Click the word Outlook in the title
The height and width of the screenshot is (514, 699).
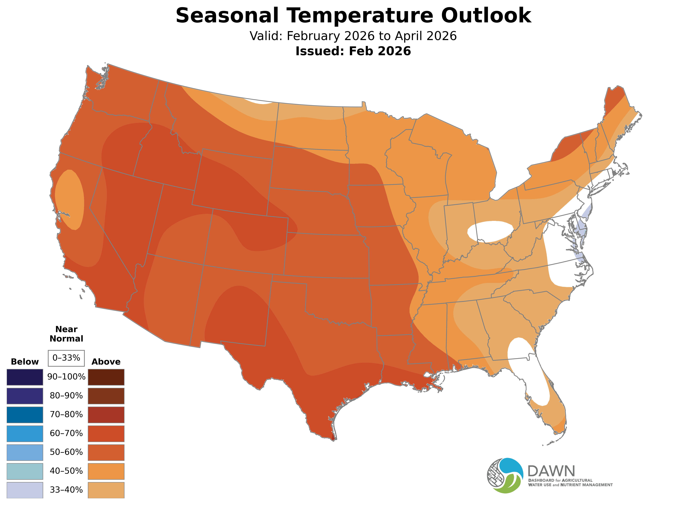click(486, 16)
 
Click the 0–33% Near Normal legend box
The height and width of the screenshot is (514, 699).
click(66, 358)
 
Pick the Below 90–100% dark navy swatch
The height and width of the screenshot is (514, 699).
click(25, 377)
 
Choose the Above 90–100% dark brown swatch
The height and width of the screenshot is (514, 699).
click(106, 377)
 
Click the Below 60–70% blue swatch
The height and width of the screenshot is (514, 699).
click(25, 433)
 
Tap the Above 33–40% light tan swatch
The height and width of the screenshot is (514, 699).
click(106, 490)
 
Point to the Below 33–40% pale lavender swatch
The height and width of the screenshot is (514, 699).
click(25, 490)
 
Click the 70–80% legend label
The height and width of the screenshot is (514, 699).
click(66, 414)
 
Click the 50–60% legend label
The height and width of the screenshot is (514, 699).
click(66, 452)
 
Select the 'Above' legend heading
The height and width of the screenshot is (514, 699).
click(106, 362)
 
